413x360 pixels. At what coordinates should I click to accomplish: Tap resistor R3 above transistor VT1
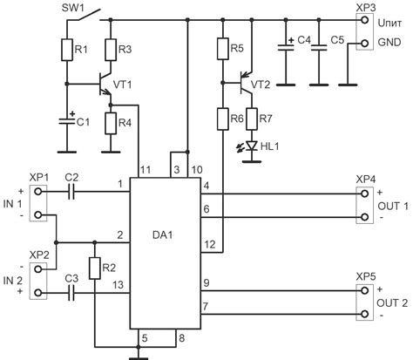pos(110,50)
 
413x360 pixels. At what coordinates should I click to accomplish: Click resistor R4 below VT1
pos(110,123)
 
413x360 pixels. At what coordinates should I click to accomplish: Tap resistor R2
pos(93,268)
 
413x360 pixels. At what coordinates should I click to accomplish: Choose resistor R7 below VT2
pos(252,117)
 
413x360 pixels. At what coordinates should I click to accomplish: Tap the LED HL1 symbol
pos(252,146)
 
